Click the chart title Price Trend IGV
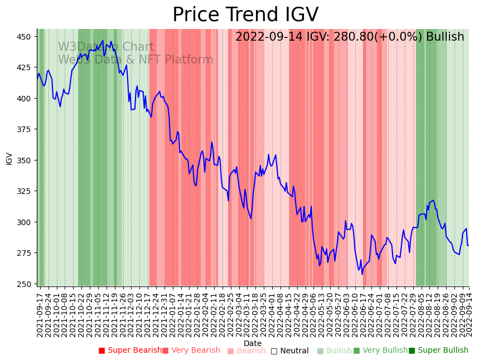(x=245, y=15)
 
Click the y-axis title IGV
(x=9, y=158)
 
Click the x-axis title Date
(x=253, y=344)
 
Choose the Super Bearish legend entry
(x=134, y=351)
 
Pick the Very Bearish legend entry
(x=195, y=351)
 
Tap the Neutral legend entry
(x=294, y=351)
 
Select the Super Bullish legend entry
(x=442, y=351)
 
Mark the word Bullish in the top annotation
(x=445, y=37)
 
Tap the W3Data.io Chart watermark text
(x=106, y=47)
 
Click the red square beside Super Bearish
(x=101, y=351)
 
